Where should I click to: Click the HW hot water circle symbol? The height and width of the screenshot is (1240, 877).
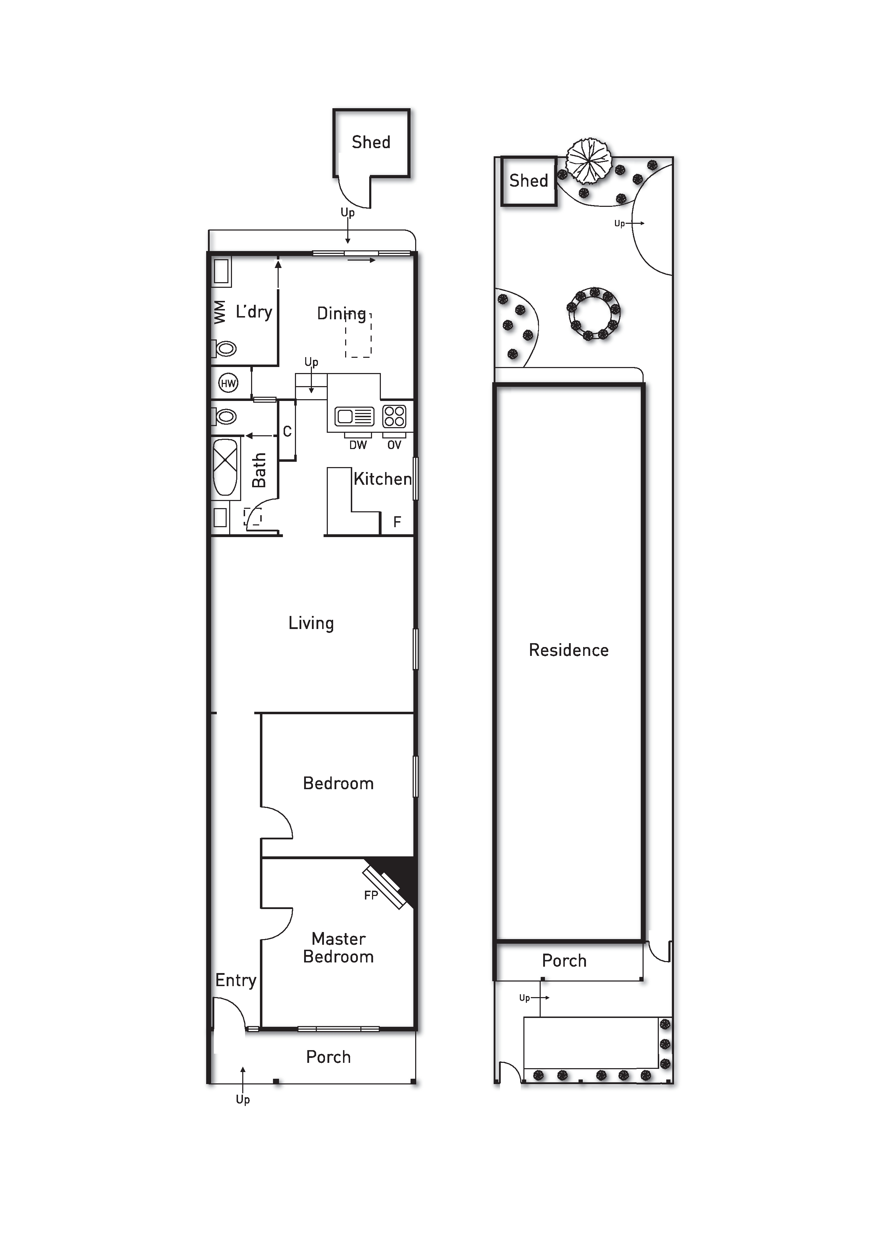pos(228,383)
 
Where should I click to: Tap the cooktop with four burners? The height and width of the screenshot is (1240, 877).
pos(394,417)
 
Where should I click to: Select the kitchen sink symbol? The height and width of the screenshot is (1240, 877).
pos(354,417)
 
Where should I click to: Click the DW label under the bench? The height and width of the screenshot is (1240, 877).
pos(358,445)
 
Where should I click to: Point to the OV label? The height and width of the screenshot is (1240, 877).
pos(394,445)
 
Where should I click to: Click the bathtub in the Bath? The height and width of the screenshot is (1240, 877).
pos(225,467)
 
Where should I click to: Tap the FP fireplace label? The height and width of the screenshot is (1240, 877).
pos(371,895)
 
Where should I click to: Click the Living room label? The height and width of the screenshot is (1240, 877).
pos(311,623)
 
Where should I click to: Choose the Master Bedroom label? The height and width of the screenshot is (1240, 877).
pos(338,948)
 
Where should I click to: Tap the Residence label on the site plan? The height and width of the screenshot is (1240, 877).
pos(569,650)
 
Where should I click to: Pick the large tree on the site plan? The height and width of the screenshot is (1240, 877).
pos(589,161)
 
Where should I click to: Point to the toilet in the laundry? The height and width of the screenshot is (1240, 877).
pos(224,348)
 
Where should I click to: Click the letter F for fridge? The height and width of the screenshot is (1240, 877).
pos(397,522)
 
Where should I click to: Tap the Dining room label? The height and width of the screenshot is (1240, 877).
pos(341,313)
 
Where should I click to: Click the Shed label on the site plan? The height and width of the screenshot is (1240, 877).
pos(529,180)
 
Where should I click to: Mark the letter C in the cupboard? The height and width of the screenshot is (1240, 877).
pos(287,431)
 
